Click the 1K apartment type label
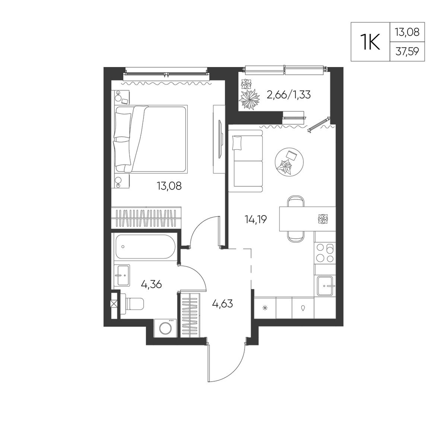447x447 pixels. pos(370,42)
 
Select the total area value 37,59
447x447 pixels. pos(407,52)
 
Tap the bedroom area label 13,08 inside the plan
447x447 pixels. pos(169,186)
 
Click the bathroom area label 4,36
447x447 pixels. pos(152,284)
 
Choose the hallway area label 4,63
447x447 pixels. pos(222,304)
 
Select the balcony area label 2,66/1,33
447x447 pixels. pos(288,94)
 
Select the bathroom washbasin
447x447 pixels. pos(122,275)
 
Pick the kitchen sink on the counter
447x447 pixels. pos(325,286)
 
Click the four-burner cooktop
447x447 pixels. pos(325,253)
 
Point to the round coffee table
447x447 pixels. pos(289,162)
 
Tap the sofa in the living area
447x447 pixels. pos(245,161)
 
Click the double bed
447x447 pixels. pos(151,139)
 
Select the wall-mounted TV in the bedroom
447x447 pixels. pos(220,139)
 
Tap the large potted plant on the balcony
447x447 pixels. pos(249,99)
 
